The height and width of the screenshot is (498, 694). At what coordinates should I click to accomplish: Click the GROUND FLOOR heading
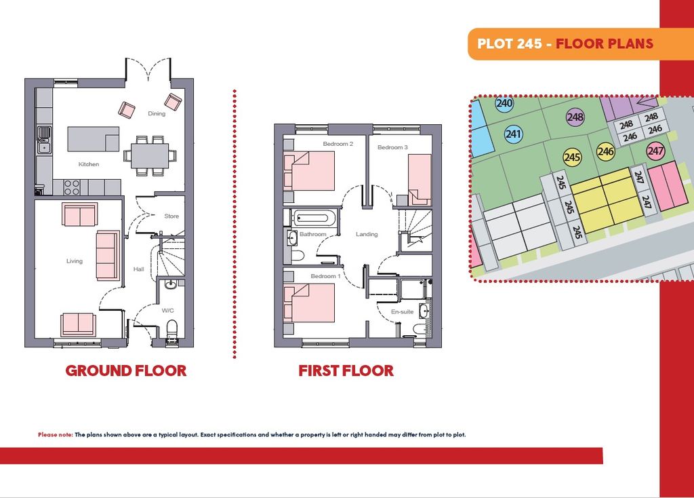point(126,371)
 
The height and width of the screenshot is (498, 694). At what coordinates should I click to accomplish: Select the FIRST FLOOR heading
point(346,371)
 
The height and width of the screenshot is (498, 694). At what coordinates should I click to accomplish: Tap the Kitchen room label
point(89,164)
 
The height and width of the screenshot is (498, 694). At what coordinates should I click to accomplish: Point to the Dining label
point(157,113)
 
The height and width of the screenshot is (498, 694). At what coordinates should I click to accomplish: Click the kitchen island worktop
point(93,139)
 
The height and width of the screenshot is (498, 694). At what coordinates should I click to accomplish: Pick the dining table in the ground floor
point(150,155)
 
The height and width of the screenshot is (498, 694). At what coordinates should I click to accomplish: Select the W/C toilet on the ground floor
point(171,331)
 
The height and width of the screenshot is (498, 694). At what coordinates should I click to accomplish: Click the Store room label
point(171,216)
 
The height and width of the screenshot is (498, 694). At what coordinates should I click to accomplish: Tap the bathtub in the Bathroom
point(312,218)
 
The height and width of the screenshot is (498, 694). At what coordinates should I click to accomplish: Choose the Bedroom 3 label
point(392,147)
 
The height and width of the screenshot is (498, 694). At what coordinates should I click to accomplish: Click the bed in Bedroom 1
point(309,303)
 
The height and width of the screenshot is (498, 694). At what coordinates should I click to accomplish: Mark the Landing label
point(367,234)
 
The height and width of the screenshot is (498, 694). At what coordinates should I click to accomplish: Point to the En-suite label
point(403,312)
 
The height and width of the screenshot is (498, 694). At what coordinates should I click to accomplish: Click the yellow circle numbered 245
point(572,157)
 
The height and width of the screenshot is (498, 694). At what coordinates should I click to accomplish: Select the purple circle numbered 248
point(575,117)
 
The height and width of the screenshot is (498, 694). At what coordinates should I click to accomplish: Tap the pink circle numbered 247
point(655,151)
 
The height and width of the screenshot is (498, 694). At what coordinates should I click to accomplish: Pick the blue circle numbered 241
point(514,134)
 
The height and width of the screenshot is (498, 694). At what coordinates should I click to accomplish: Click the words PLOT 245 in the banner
point(510,43)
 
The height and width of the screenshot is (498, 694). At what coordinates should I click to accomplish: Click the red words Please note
point(56,435)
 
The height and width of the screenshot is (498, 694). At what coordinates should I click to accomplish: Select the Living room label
point(75,261)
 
